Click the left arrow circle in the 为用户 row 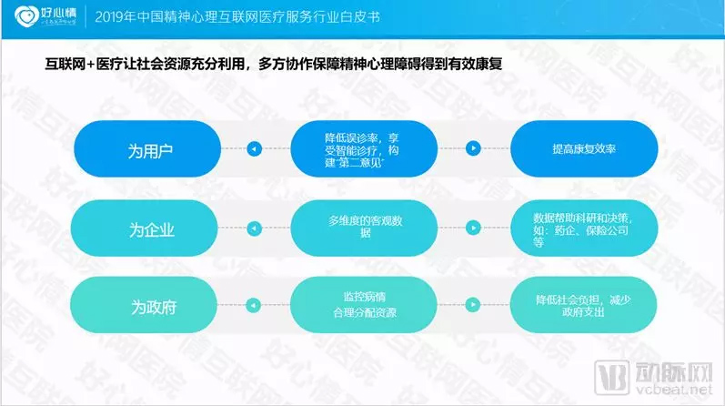[255, 148]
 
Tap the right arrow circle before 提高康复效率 [472, 148]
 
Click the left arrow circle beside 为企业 [255, 228]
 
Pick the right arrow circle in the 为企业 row [472, 228]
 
